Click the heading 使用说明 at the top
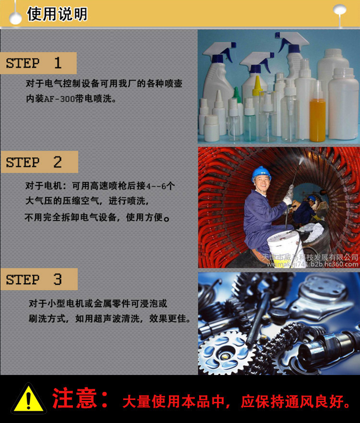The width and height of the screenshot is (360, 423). click(x=57, y=14)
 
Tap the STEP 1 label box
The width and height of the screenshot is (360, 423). click(x=38, y=63)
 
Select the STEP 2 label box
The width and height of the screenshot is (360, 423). click(x=39, y=162)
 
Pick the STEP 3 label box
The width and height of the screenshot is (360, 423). click(x=39, y=279)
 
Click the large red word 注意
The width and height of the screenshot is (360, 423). click(x=74, y=398)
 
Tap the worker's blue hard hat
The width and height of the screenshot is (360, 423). click(x=261, y=173)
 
